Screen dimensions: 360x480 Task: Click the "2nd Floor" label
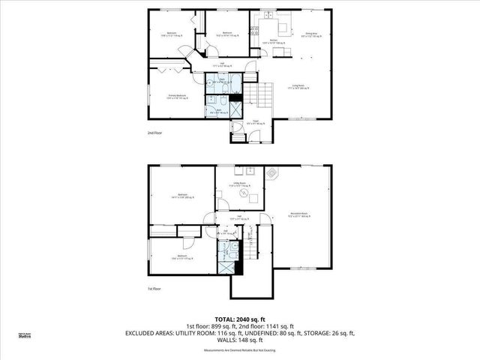pos(154,133)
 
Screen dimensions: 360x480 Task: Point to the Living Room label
pos(301,88)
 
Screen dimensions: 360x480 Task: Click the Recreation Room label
pos(300,214)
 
